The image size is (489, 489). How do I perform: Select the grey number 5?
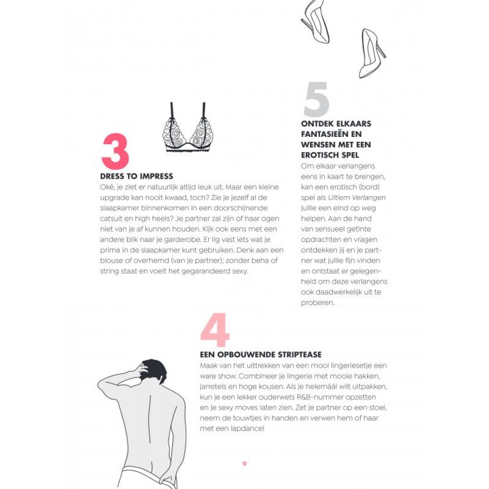(316, 99)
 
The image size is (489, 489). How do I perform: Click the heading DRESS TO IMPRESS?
(136, 177)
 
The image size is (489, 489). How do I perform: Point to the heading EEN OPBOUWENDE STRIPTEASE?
(261, 355)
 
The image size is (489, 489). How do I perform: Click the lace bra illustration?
(188, 129)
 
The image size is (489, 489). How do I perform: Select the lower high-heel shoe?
(372, 54)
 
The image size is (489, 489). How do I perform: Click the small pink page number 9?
(244, 464)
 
